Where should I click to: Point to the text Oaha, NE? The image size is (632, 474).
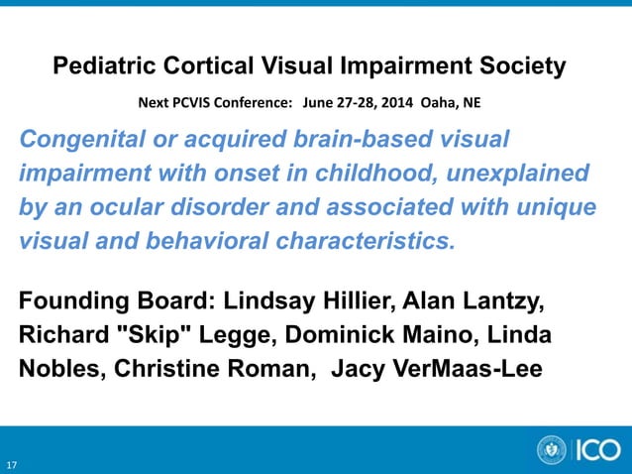point(451,102)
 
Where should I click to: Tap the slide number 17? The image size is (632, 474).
point(12,464)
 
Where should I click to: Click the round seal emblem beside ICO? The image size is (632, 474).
point(552,450)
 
